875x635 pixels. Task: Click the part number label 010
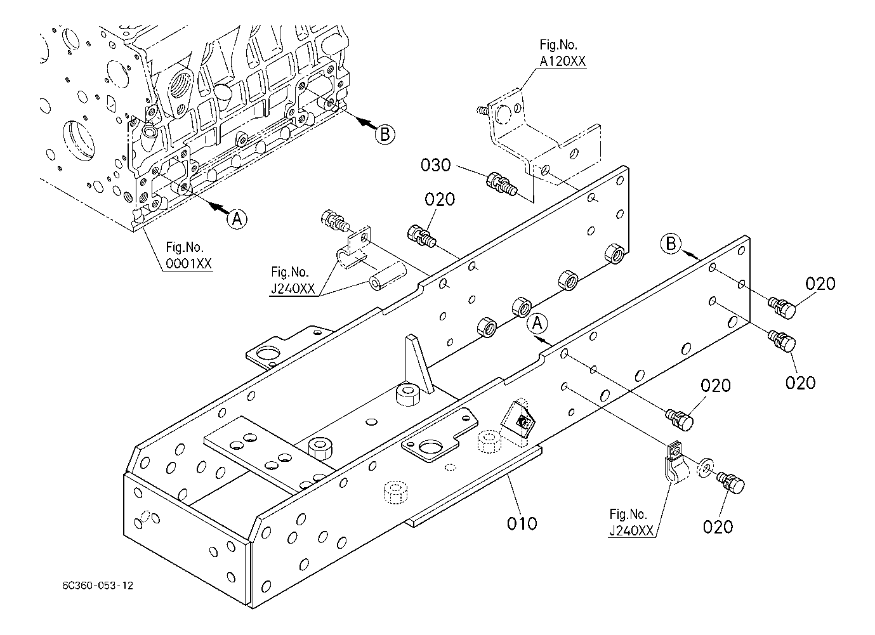(522, 523)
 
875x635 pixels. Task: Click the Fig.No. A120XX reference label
(562, 53)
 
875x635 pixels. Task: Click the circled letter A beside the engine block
(237, 219)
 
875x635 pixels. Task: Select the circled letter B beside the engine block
(385, 134)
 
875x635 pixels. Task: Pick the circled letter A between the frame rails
(537, 324)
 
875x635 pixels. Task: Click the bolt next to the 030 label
(501, 184)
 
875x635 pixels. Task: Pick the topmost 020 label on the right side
(820, 284)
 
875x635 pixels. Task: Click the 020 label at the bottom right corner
(718, 526)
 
